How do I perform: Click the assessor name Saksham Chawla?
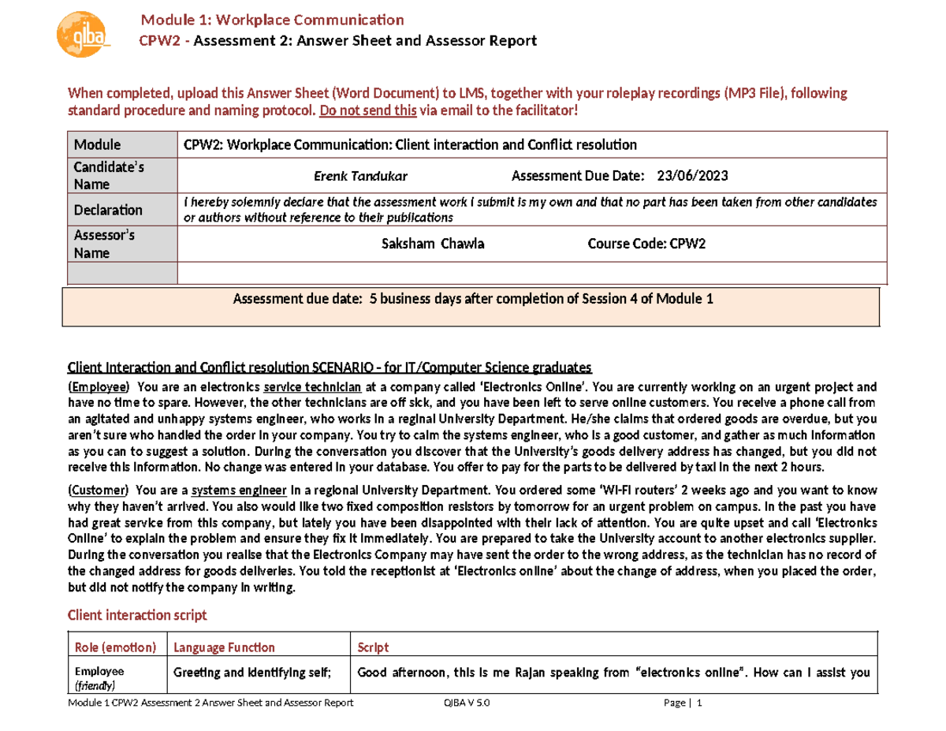pyautogui.click(x=433, y=244)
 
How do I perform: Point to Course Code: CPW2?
pyautogui.click(x=646, y=244)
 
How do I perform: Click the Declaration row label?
pyautogui.click(x=108, y=211)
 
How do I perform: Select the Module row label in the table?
pyautogui.click(x=97, y=145)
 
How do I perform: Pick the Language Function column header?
pyautogui.click(x=224, y=647)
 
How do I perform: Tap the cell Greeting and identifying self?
pyautogui.click(x=251, y=673)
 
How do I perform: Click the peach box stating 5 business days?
pyautogui.click(x=472, y=307)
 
